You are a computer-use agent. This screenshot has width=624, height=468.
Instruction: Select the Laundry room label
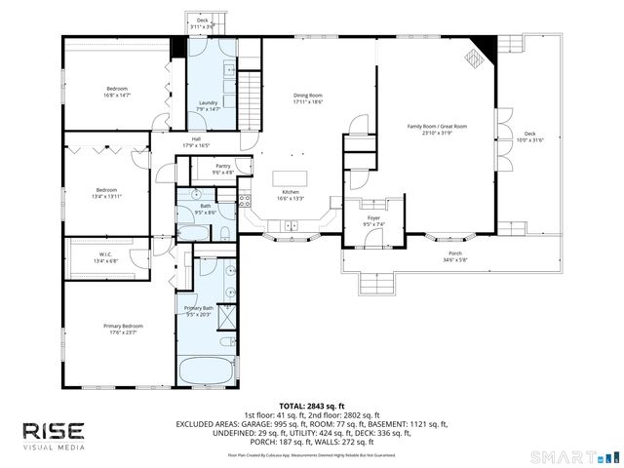pos(208,105)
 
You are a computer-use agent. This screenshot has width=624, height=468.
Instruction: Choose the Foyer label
pos(374,221)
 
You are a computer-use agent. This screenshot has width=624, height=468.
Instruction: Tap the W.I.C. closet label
pos(105,257)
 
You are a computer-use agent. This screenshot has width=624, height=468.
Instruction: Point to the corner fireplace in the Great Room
pos(477,54)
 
